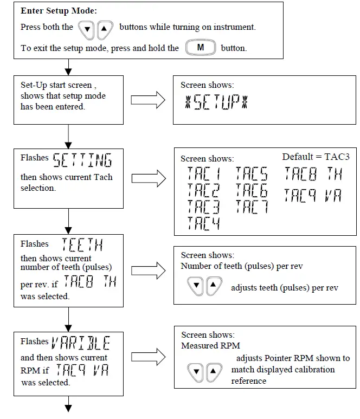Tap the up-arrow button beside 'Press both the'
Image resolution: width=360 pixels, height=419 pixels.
105,28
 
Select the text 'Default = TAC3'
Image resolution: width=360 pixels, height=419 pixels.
316,157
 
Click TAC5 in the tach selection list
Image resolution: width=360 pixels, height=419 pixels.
252,174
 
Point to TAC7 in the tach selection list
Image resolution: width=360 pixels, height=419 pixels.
252,207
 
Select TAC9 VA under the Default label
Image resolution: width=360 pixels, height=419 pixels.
313,195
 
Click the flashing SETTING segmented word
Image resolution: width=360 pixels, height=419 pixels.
82,160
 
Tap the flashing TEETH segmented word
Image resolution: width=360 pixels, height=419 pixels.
82,246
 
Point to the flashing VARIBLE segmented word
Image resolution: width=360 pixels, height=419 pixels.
81,343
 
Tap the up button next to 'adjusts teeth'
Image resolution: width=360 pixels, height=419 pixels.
214,285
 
